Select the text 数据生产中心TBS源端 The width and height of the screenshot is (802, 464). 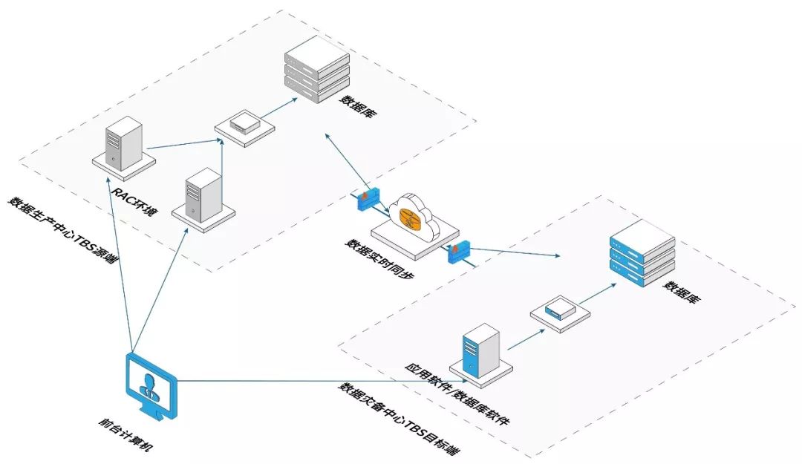pos(63,231)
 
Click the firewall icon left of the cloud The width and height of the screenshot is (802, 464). pos(368,198)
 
